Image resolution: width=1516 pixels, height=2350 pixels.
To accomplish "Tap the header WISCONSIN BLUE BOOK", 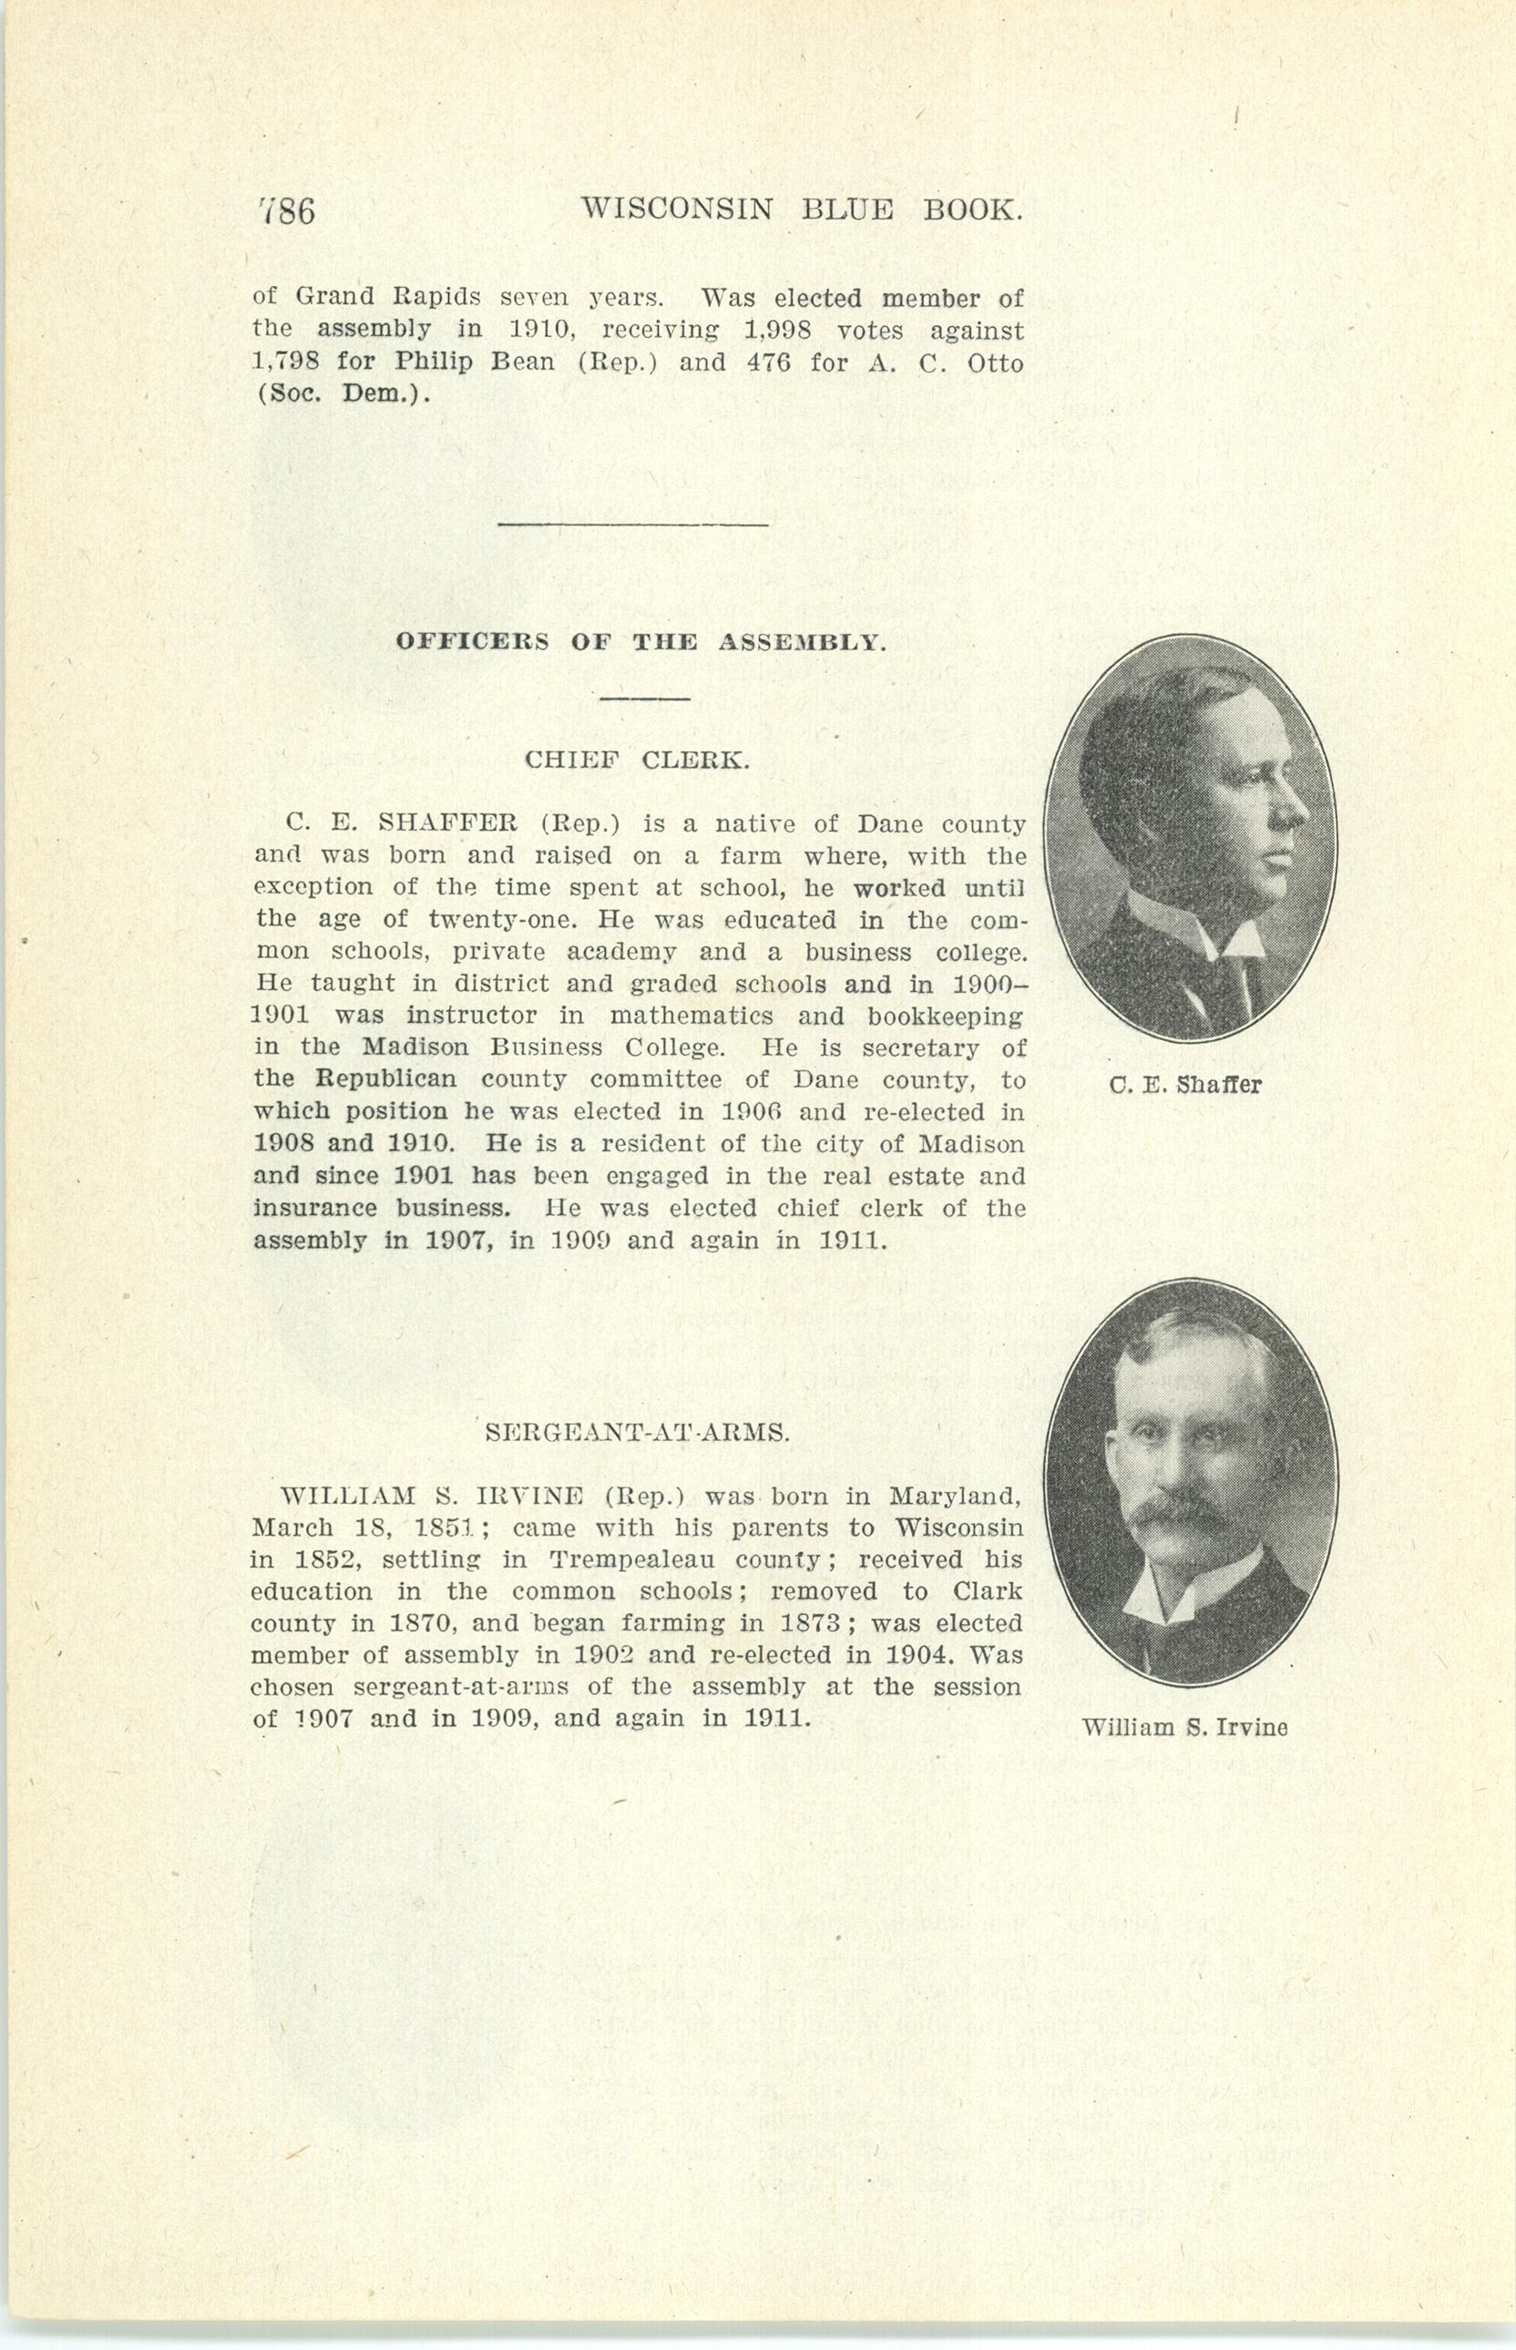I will pos(800,209).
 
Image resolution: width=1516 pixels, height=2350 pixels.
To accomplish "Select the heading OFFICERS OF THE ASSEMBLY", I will pos(640,643).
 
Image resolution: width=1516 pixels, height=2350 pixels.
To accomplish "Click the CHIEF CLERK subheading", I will pos(637,761).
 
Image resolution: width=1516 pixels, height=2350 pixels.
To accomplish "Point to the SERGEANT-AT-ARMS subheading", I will pos(638,1434).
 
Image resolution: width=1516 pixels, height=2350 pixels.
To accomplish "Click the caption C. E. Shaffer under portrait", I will pos(1184,1086).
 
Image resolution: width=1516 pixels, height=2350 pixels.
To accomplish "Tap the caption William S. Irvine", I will pos(1184,1727).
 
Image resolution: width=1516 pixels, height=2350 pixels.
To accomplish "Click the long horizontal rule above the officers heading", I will pos(632,525).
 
